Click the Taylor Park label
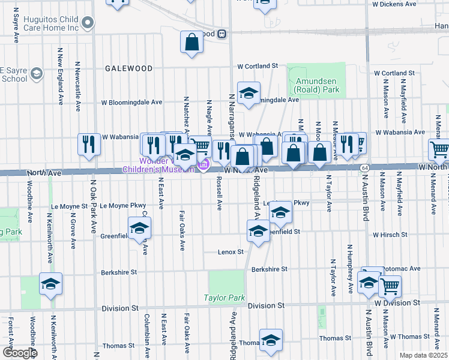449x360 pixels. point(225,298)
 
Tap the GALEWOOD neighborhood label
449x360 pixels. point(128,68)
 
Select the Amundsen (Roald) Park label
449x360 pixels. point(316,85)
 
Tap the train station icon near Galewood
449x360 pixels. point(222,34)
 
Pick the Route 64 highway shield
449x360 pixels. point(364,167)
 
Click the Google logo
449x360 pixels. point(19,353)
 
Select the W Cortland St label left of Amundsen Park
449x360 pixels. point(258,66)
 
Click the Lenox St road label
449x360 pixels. point(231,252)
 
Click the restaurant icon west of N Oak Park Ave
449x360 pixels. point(89,143)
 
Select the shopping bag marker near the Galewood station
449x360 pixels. point(191,42)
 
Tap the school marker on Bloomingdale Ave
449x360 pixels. point(249,92)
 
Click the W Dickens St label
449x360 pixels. point(393,4)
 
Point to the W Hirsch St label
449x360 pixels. point(390,235)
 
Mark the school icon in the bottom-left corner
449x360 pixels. point(51,283)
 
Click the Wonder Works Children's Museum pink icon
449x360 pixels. point(203,166)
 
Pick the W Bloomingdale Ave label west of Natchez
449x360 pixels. point(132,103)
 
